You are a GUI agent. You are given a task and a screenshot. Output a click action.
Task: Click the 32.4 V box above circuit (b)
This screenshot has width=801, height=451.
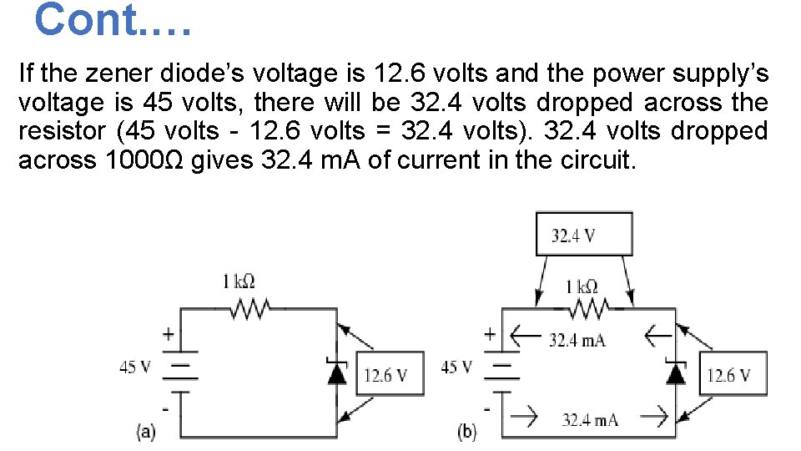pos(584,234)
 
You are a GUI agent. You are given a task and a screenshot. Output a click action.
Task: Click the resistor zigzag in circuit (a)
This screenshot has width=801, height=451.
pos(249,311)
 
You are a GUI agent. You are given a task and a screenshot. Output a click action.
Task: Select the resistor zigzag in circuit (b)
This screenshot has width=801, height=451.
pos(587,311)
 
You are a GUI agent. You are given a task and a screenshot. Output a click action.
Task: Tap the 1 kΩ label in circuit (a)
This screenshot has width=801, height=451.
pos(239,281)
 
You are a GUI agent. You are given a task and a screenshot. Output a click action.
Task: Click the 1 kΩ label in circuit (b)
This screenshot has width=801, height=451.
pos(582,286)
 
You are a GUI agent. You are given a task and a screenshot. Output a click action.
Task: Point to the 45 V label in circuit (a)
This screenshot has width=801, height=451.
pos(134,367)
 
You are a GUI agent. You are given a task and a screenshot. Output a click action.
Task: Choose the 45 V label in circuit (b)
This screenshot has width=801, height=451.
pos(456,367)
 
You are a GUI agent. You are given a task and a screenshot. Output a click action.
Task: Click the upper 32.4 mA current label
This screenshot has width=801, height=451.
pos(577,340)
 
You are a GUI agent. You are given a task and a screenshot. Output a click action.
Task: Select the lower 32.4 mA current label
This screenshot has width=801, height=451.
pos(590,419)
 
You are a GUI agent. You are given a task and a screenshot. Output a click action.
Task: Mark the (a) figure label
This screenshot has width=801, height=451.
pos(146,431)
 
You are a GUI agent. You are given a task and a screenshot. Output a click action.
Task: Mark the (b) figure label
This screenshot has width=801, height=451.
pos(466,431)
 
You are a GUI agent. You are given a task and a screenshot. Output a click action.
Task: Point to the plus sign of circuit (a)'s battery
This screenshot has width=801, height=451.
pos(168,334)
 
